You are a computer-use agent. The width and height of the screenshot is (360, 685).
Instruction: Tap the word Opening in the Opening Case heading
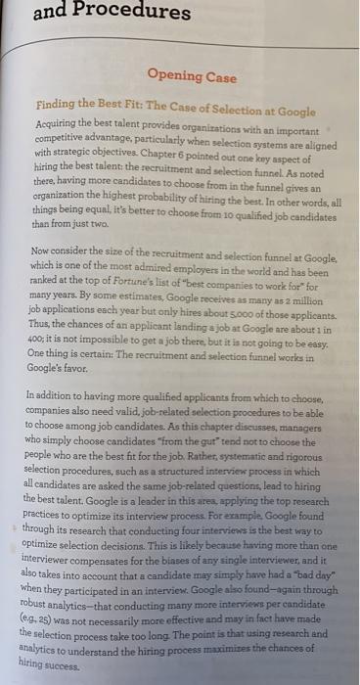coord(177,75)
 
